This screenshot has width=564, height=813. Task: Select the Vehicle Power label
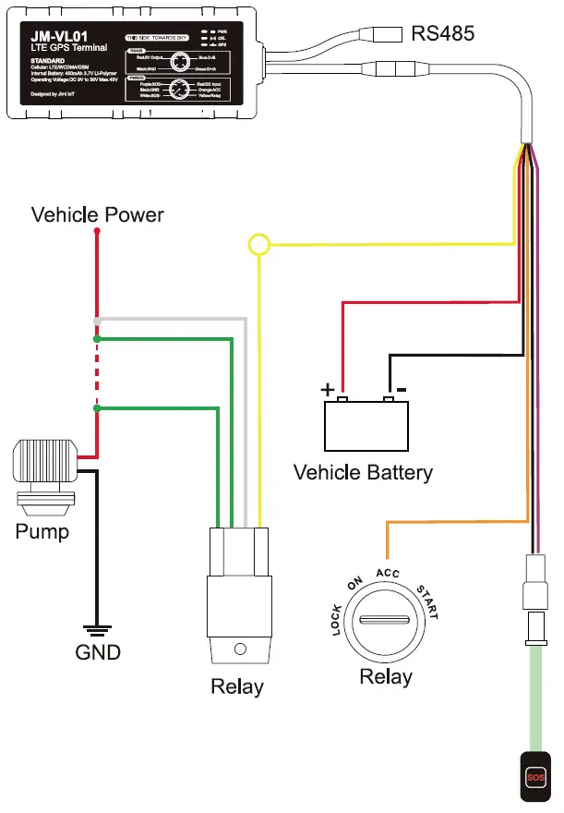point(97,215)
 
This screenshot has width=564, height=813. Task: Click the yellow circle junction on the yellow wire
point(258,245)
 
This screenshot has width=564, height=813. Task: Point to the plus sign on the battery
point(327,390)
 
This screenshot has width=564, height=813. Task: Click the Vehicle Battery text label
point(363,473)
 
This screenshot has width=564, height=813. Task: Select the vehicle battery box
point(366,425)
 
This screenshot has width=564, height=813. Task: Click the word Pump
point(42,533)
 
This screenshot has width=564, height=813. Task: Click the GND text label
point(98,652)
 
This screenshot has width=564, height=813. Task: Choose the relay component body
point(238,596)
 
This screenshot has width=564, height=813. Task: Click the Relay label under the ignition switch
point(386,677)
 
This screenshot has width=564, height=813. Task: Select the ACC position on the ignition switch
point(387,574)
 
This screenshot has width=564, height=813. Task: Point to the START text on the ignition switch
point(433,595)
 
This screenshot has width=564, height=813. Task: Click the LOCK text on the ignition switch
point(336,619)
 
